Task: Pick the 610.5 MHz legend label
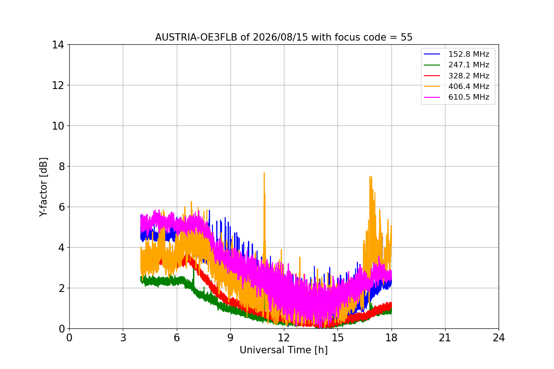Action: [x=469, y=97]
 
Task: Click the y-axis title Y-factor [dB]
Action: [x=43, y=187]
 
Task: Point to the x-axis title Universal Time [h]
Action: [x=283, y=350]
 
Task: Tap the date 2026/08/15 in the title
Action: [x=281, y=37]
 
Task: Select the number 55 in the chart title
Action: [x=407, y=37]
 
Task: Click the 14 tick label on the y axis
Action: [x=58, y=45]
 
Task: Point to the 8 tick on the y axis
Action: [x=61, y=167]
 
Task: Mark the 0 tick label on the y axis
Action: [x=61, y=329]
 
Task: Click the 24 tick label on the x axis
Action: [x=499, y=338]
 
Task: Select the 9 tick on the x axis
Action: [x=230, y=338]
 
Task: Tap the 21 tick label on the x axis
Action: [x=445, y=338]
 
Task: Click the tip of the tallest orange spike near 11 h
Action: [x=264, y=173]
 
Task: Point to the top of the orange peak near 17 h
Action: [x=370, y=177]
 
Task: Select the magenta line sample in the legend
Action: [x=432, y=97]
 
